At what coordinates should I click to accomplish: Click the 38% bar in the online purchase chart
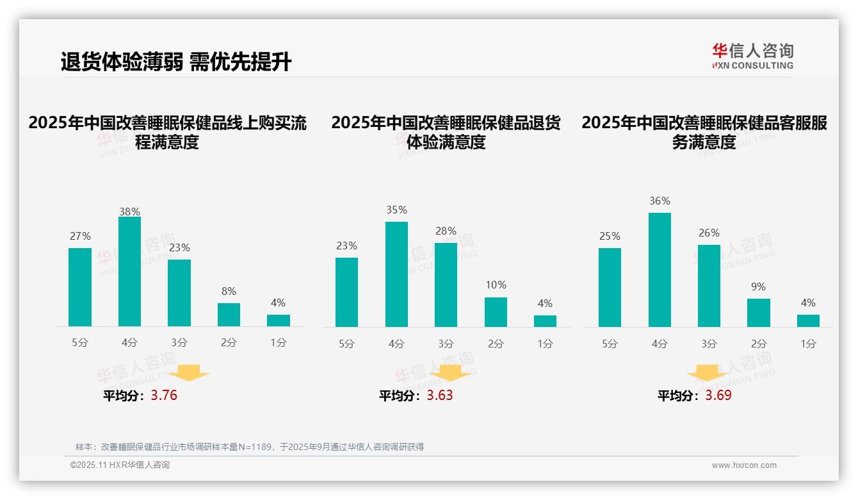click(130, 272)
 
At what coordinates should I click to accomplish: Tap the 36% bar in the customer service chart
click(660, 270)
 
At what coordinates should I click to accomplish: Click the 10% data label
click(496, 285)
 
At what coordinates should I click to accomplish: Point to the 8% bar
click(229, 315)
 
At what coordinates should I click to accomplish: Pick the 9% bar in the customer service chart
click(759, 313)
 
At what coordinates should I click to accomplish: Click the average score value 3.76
click(164, 396)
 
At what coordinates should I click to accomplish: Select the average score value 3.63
click(440, 396)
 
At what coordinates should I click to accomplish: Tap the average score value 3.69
click(718, 396)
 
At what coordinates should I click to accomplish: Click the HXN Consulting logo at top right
click(752, 56)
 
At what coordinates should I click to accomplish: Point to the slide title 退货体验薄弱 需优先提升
click(176, 62)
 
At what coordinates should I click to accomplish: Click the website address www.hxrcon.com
click(744, 465)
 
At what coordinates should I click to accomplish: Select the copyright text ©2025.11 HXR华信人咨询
click(120, 465)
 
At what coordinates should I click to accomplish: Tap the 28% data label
click(446, 231)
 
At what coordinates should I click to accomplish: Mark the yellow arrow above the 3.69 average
click(707, 372)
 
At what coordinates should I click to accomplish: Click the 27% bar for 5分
click(80, 287)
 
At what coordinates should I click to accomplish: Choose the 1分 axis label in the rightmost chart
click(808, 344)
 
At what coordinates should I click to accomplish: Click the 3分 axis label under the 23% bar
click(179, 343)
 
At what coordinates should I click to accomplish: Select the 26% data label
click(709, 233)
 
